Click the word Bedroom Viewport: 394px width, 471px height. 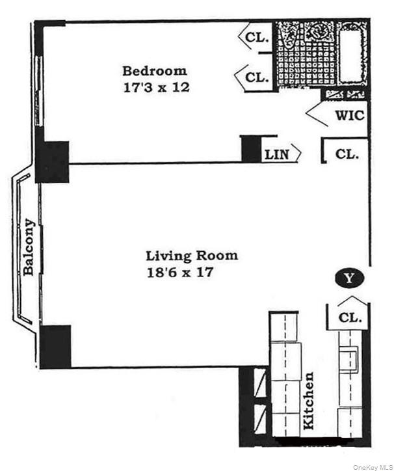tap(155, 71)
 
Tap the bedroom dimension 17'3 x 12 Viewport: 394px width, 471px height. tap(156, 87)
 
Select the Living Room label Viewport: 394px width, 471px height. tap(191, 256)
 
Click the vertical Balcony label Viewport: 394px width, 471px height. tap(29, 247)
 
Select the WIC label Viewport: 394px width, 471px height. tap(350, 116)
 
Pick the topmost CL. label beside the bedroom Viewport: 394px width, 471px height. tap(257, 38)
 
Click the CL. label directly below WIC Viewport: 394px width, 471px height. tap(348, 154)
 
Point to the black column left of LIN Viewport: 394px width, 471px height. tap(250, 148)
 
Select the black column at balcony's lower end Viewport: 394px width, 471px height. tap(55, 346)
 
